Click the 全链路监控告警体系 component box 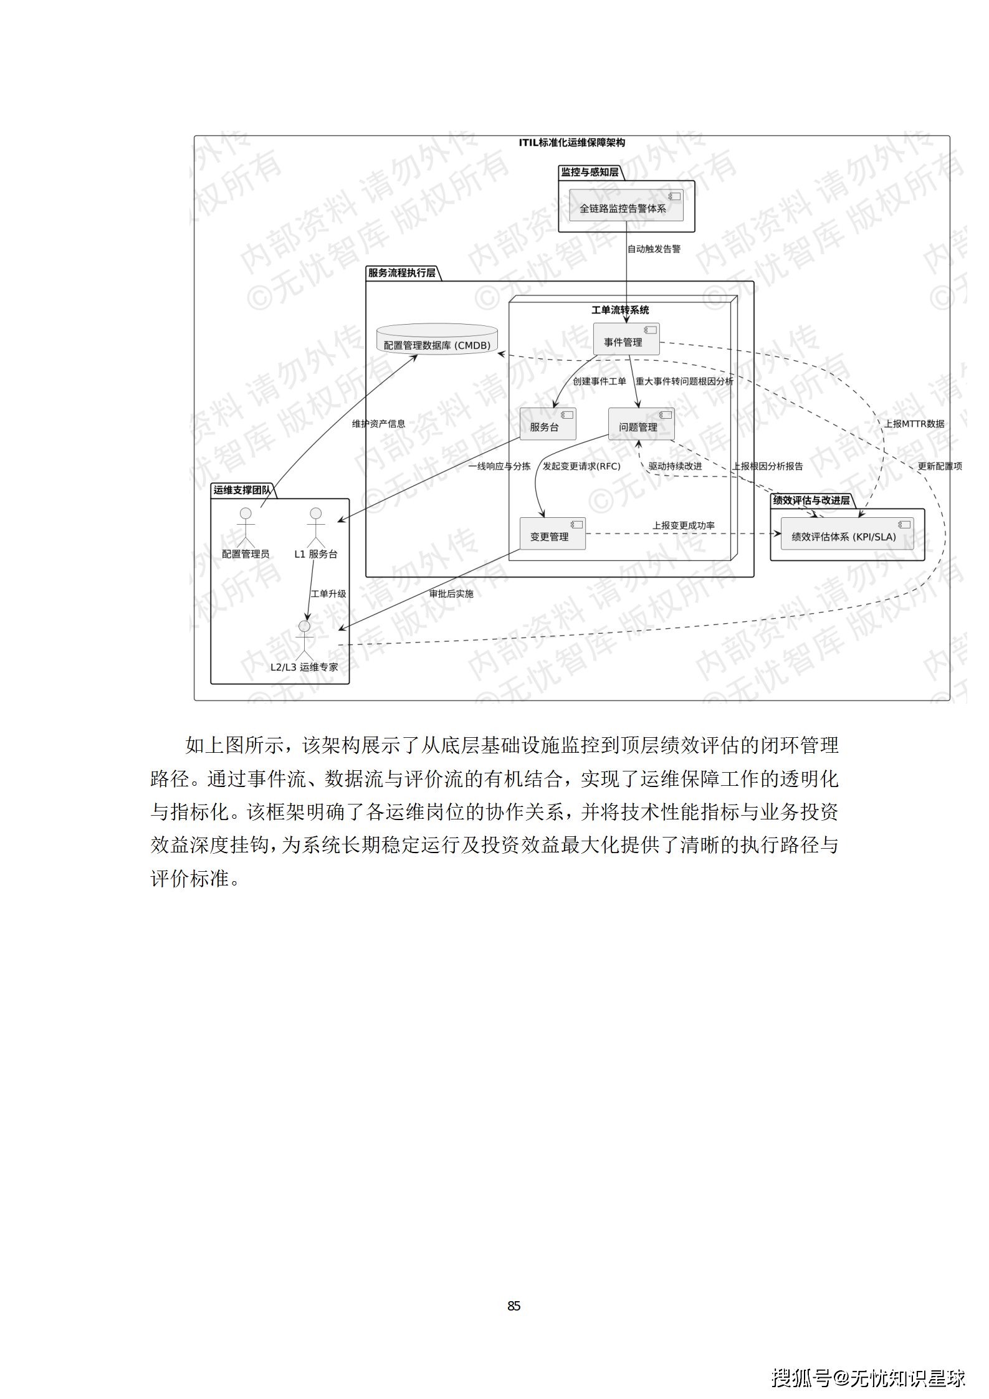(626, 206)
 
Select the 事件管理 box (626, 340)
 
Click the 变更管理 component (552, 534)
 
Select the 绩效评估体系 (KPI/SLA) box (846, 534)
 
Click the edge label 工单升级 (328, 594)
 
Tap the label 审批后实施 (451, 594)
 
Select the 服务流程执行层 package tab (402, 273)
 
